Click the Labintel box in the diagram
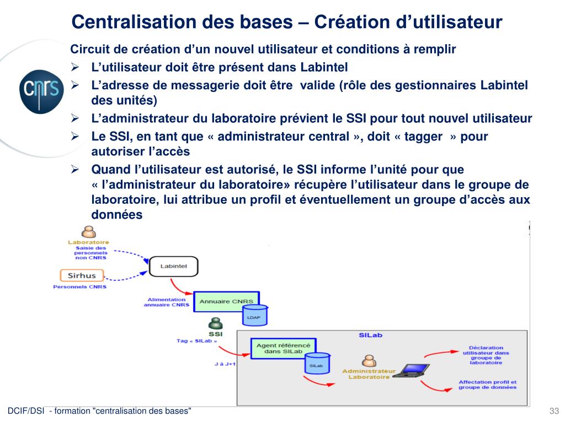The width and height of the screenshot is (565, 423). (174, 267)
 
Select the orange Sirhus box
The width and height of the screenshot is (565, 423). (82, 275)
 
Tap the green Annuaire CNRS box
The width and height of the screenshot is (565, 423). (226, 301)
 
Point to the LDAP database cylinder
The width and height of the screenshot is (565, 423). (255, 316)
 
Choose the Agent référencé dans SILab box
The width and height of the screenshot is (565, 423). (283, 348)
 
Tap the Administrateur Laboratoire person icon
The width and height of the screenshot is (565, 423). (369, 361)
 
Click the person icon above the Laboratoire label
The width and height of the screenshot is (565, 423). (88, 231)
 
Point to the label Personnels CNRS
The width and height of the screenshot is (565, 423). (79, 287)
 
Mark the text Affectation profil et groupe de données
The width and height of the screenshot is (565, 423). (487, 384)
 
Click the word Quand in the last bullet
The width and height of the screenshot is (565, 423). (111, 169)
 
